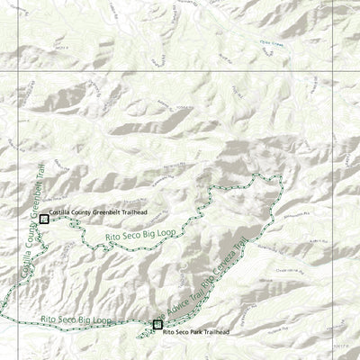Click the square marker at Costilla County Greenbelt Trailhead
coord(44,219)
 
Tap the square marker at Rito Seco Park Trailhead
coord(157,325)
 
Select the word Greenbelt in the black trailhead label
coord(109,213)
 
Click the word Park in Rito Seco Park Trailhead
coord(200,333)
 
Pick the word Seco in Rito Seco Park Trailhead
coord(185,333)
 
